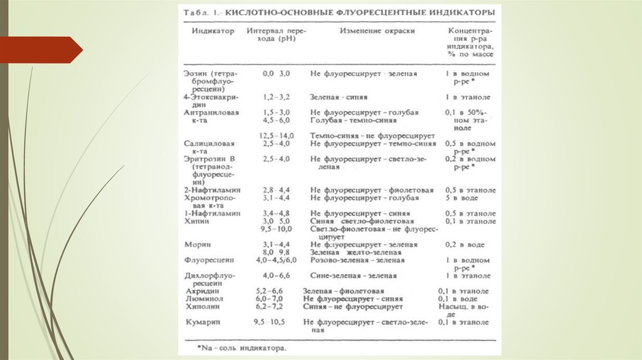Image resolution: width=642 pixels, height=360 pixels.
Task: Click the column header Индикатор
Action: (x=213, y=31)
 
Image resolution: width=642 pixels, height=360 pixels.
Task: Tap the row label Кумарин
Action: (x=203, y=322)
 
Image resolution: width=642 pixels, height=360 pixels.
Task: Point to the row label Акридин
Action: (x=203, y=292)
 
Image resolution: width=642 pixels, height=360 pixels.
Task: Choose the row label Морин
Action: (x=198, y=245)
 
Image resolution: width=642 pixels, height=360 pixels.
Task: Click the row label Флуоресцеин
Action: (x=209, y=260)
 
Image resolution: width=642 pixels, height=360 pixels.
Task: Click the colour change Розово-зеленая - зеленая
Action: (x=357, y=260)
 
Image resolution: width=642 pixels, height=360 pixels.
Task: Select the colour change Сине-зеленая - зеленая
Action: (x=354, y=276)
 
